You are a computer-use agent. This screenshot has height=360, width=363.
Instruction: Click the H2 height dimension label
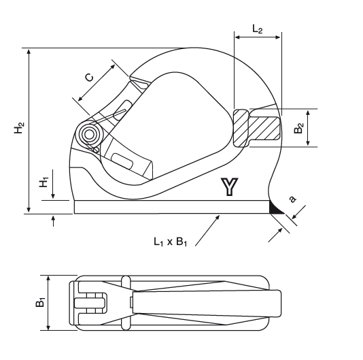coord(19,127)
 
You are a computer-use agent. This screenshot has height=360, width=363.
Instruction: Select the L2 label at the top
coord(257,29)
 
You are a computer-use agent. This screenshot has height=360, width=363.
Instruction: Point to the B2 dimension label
coord(298,128)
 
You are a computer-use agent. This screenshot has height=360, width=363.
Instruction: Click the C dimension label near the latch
coord(90,78)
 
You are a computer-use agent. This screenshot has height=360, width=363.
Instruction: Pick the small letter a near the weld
coord(292,199)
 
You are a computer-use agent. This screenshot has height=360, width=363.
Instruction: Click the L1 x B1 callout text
coord(171,242)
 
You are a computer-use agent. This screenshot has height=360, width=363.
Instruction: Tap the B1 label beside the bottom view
coord(40,303)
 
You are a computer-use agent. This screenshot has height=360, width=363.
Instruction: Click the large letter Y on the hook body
coord(229,187)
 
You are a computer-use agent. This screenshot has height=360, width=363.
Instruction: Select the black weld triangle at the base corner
coord(275,209)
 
